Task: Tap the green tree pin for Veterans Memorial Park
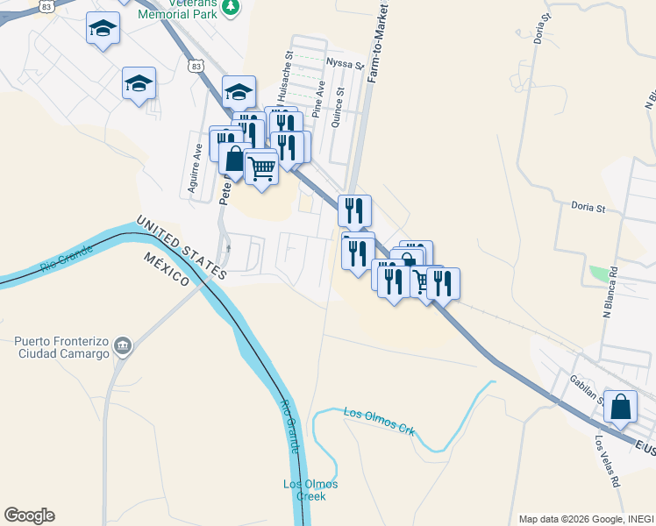231,8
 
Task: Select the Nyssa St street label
344,64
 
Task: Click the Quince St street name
338,109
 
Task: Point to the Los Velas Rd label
607,461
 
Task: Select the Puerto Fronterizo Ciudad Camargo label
61,348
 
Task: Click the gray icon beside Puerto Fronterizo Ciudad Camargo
124,345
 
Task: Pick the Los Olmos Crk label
379,423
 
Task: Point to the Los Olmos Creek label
310,490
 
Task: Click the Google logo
29,515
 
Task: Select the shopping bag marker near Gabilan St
620,407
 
